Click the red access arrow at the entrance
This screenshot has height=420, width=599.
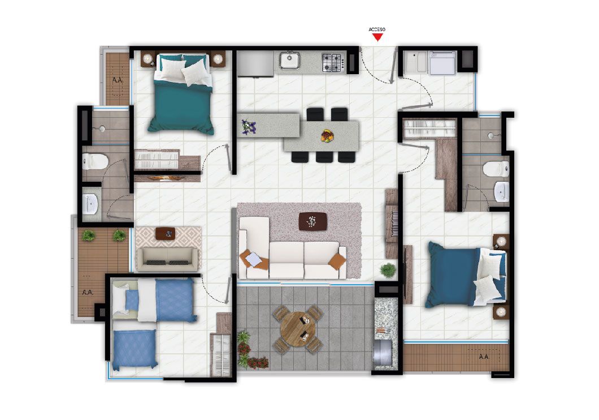[377, 37]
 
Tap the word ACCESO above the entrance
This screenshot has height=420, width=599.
[377, 29]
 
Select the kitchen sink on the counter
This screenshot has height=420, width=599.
[290, 60]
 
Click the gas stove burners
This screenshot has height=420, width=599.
[333, 62]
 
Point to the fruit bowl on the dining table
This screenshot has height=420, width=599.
[327, 136]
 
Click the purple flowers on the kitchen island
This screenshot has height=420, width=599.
[248, 127]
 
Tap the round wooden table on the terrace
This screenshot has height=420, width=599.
[298, 329]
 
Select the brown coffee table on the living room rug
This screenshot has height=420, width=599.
[312, 221]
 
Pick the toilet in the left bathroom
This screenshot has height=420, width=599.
[94, 162]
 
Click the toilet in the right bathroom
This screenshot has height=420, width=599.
[497, 169]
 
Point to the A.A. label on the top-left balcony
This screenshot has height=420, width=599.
[118, 80]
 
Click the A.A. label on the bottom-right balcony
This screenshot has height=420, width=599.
[484, 357]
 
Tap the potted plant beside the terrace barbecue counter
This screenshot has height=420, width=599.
[388, 270]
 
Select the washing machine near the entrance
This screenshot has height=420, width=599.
[442, 63]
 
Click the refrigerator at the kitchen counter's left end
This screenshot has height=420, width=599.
[255, 64]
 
